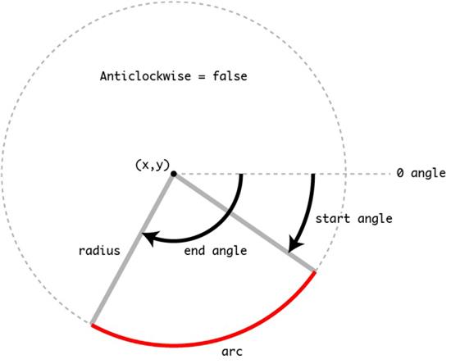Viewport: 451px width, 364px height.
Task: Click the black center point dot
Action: tap(174, 174)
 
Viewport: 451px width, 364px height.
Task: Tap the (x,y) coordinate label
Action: tap(153, 166)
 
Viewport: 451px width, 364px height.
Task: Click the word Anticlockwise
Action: tap(145, 76)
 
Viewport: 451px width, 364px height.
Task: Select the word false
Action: tap(230, 76)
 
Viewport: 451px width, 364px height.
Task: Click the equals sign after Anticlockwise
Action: tap(202, 77)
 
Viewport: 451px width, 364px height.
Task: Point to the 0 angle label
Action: tap(421, 173)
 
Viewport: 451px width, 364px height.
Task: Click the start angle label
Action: tap(354, 219)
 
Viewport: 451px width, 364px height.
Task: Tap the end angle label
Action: tap(216, 251)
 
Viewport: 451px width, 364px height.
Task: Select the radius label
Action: tap(99, 250)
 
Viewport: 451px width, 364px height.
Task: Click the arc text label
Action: tap(232, 352)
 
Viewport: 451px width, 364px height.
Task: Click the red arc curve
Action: tap(174, 344)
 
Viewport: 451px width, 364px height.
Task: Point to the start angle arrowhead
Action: tap(294, 245)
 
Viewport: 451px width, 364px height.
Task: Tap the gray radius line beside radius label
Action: tap(132, 249)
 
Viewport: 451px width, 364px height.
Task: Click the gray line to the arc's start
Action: tap(244, 222)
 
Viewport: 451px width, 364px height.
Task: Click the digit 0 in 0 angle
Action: tap(400, 173)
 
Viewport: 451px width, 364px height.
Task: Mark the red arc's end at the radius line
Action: tap(92, 325)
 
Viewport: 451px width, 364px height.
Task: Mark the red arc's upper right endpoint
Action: tap(315, 271)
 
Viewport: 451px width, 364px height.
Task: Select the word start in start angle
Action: tap(333, 219)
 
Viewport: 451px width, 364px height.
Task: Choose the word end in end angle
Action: tap(194, 250)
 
